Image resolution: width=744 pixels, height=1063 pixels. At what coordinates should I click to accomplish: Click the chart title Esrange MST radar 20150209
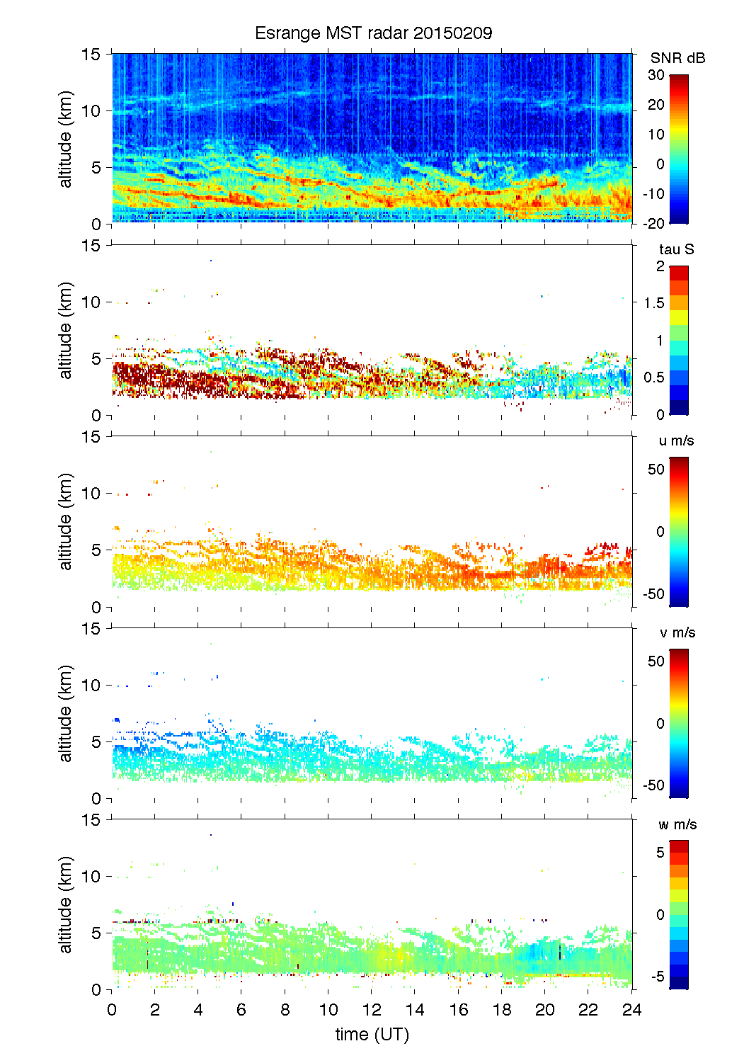(373, 33)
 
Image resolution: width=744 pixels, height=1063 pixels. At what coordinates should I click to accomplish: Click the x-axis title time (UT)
(372, 1035)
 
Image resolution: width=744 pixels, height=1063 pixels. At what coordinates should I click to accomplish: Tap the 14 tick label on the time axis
(415, 1010)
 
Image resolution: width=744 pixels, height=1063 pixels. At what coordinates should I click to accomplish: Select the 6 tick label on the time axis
(241, 1010)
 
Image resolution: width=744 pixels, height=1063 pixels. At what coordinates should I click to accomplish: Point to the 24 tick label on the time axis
(631, 1010)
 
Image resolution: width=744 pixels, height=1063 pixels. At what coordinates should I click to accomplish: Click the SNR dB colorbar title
(677, 58)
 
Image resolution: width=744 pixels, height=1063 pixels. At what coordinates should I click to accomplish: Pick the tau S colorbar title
(676, 249)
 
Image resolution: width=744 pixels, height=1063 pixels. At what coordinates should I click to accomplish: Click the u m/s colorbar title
(676, 440)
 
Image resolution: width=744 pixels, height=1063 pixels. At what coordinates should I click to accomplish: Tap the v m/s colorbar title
(677, 632)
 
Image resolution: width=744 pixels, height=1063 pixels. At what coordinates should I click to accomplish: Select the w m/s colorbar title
(677, 824)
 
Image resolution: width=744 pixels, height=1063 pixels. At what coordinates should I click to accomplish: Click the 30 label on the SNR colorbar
(656, 75)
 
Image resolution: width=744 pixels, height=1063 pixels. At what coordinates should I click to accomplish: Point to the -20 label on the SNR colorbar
(654, 224)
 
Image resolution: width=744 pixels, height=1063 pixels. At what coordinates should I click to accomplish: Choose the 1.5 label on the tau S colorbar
(653, 303)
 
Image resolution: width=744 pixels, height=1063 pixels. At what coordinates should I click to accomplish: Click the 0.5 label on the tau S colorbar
(653, 377)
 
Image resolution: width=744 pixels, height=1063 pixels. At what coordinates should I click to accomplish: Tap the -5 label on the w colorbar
(657, 977)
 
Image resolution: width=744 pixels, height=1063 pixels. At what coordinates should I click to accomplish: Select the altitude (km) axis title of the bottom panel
(66, 904)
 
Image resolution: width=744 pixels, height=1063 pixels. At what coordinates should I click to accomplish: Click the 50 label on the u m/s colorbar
(656, 470)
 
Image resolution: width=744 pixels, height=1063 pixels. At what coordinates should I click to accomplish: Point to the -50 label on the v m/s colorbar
(653, 785)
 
